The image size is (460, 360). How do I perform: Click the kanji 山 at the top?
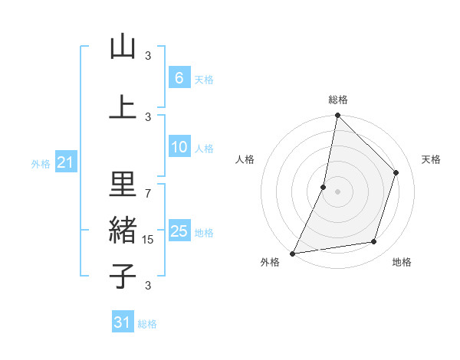pyautogui.click(x=123, y=47)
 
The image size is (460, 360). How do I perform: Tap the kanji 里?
pyautogui.click(x=123, y=184)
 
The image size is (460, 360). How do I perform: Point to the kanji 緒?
pyautogui.click(x=123, y=230)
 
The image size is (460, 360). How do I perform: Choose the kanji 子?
pyautogui.click(x=123, y=276)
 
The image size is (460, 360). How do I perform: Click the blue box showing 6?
pyautogui.click(x=179, y=78)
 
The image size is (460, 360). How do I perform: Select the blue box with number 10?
pyautogui.click(x=179, y=148)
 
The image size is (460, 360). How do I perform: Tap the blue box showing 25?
pyautogui.click(x=179, y=231)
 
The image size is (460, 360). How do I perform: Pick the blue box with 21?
pyautogui.click(x=65, y=163)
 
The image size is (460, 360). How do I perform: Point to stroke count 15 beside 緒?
pyautogui.click(x=149, y=240)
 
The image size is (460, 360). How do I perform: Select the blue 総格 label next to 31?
pyautogui.click(x=147, y=324)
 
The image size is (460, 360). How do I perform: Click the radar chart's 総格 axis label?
pyautogui.click(x=338, y=100)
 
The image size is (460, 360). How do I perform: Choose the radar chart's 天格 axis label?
pyautogui.click(x=431, y=159)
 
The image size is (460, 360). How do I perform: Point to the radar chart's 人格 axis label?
pyautogui.click(x=245, y=159)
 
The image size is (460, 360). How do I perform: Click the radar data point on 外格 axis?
pyautogui.click(x=292, y=254)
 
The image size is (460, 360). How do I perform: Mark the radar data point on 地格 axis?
pyautogui.click(x=374, y=242)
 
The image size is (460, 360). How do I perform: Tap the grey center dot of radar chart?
pyautogui.click(x=337, y=191)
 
